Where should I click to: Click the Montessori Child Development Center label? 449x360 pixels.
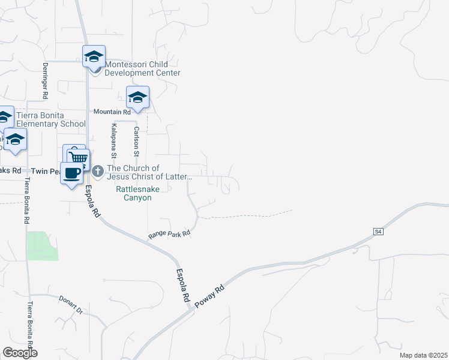[143, 68]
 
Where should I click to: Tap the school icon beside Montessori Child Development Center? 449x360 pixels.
[94, 56]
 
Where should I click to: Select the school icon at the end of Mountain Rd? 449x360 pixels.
[137, 97]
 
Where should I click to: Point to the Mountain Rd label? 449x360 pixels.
[112, 112]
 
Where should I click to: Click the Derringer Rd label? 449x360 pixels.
[45, 80]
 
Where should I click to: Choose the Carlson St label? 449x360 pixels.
[136, 142]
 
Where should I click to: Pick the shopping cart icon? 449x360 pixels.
[78, 158]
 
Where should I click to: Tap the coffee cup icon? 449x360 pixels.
[72, 173]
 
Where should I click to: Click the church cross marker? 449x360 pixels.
[98, 172]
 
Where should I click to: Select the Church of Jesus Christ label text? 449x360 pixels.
[149, 173]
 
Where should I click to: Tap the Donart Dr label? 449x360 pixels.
[70, 304]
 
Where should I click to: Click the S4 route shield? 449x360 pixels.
[378, 231]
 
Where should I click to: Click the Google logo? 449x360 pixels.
[20, 353]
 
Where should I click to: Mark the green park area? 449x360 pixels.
[41, 246]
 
